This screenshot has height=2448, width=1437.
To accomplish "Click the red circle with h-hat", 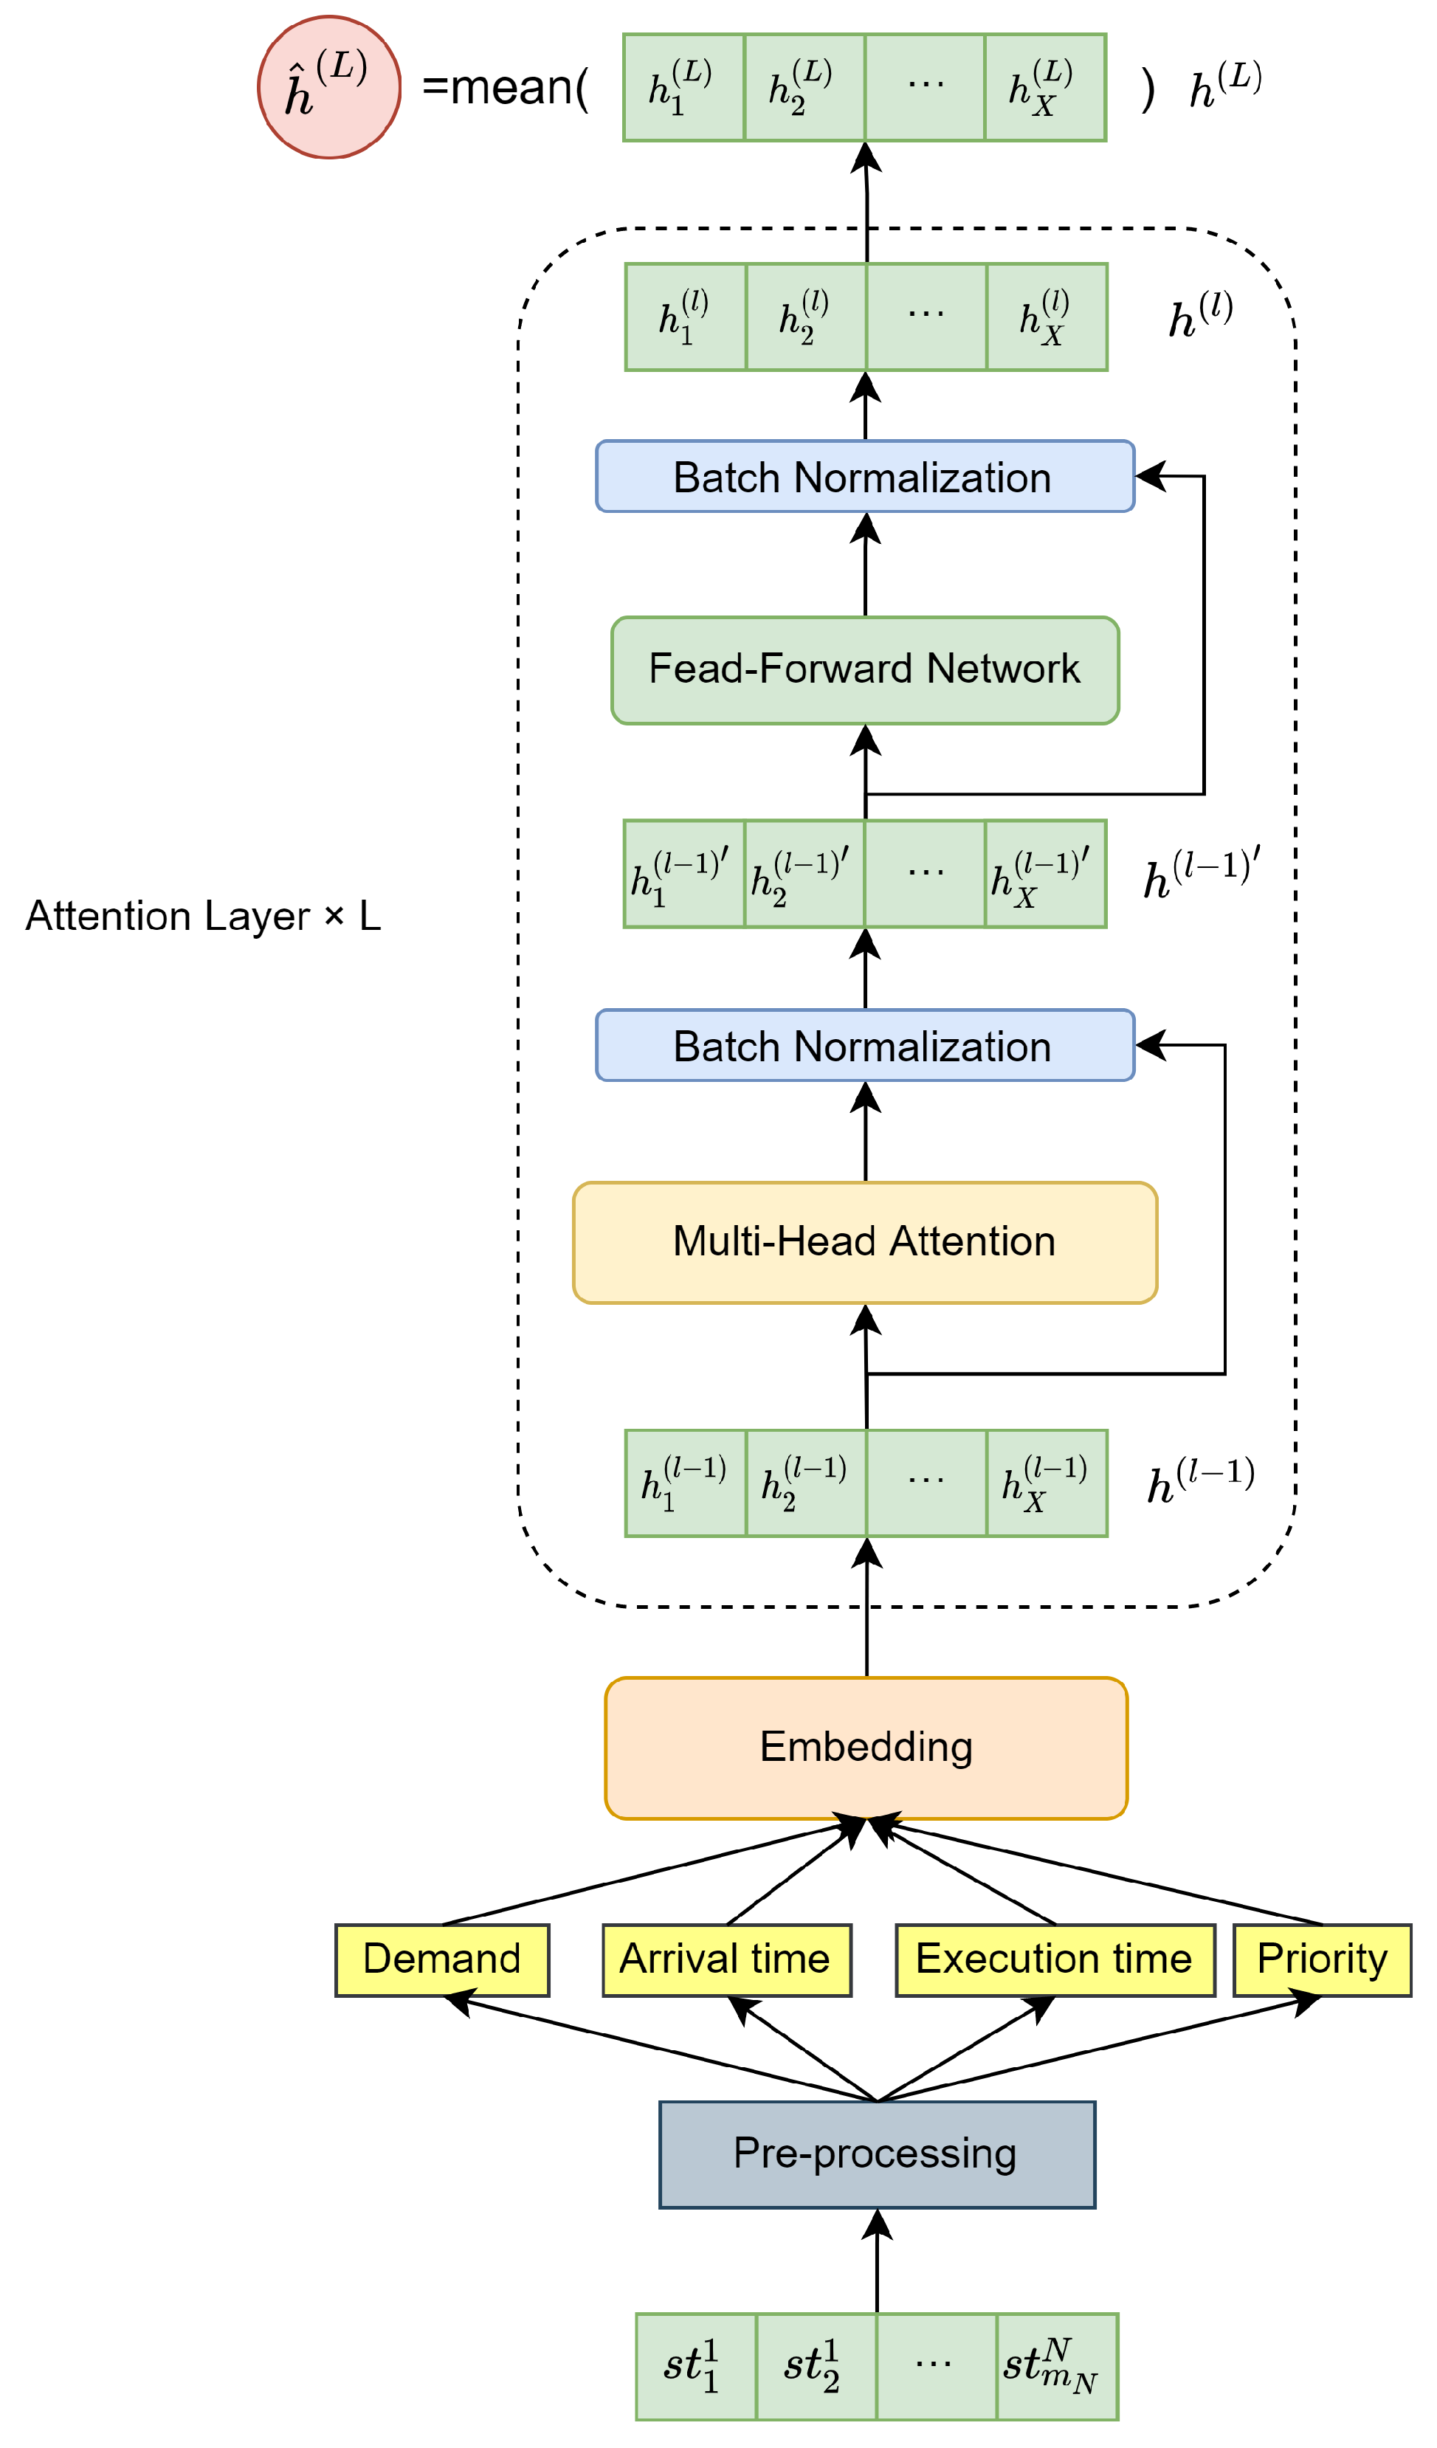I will [328, 87].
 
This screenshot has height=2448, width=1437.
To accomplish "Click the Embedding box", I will [866, 1748].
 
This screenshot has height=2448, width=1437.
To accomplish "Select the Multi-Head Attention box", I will [865, 1243].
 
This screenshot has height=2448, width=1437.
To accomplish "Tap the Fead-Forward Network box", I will [865, 669].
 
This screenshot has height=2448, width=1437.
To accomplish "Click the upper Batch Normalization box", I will [865, 477].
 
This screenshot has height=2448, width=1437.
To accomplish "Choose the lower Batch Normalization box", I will [865, 1047].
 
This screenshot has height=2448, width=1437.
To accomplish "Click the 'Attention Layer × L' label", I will [203, 916].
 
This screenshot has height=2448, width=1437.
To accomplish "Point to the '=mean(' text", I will [506, 87].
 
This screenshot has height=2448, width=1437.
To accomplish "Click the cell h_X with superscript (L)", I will [1044, 87].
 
